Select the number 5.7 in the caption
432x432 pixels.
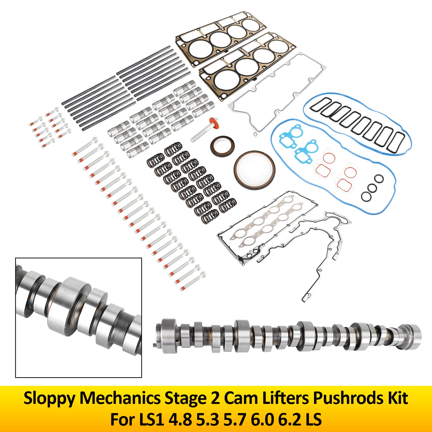point(234,420)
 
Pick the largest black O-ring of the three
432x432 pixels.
point(366,197)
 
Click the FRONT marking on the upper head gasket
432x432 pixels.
point(188,54)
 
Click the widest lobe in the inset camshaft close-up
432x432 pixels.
point(70,305)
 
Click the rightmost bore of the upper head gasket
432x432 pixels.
point(251,24)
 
